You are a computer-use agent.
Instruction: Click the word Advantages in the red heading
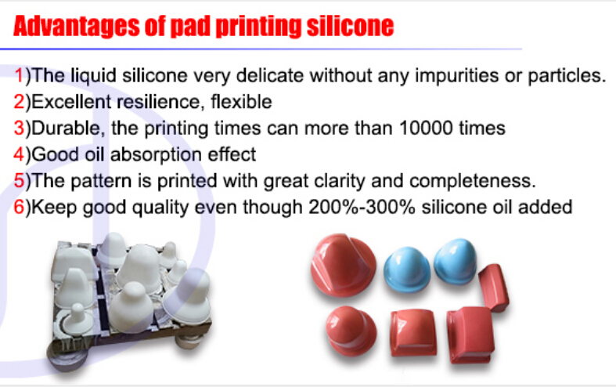pyautogui.click(x=76, y=27)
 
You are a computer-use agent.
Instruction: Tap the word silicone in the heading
pyautogui.click(x=350, y=26)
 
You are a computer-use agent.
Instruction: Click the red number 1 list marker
pyautogui.click(x=19, y=74)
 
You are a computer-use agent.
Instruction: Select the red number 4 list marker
pyautogui.click(x=19, y=154)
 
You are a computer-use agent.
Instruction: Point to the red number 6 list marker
pyautogui.click(x=19, y=207)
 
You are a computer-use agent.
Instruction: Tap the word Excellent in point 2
pyautogui.click(x=71, y=102)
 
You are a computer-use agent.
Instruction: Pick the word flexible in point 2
pyautogui.click(x=241, y=102)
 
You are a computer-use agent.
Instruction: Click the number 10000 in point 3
pyautogui.click(x=426, y=128)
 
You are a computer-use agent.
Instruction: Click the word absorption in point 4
pyautogui.click(x=156, y=155)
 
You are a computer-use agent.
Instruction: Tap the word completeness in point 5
pyautogui.click(x=473, y=181)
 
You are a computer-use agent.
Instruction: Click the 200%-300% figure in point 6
pyautogui.click(x=362, y=207)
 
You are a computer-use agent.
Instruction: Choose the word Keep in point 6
pyautogui.click(x=54, y=208)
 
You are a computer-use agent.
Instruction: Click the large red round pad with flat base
pyautogui.click(x=343, y=265)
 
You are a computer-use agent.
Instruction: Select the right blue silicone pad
pyautogui.click(x=456, y=261)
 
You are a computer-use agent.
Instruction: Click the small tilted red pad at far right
pyautogui.click(x=494, y=288)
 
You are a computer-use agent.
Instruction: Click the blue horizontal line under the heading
pyautogui.click(x=261, y=49)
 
